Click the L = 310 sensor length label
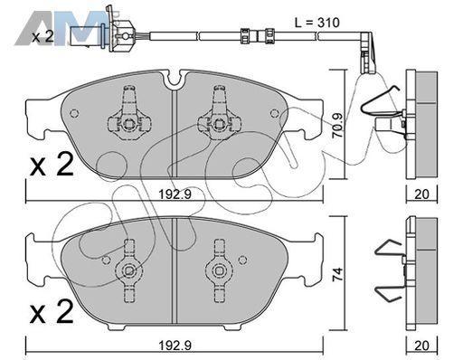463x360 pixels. pyautogui.click(x=317, y=23)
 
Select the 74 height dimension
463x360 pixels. pyautogui.click(x=338, y=275)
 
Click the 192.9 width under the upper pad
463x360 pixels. pyautogui.click(x=175, y=194)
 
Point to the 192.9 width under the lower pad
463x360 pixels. pyautogui.click(x=175, y=345)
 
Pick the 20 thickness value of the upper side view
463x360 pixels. pyautogui.click(x=421, y=194)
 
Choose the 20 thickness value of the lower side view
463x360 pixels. pyautogui.click(x=421, y=346)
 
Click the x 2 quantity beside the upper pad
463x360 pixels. pyautogui.click(x=52, y=165)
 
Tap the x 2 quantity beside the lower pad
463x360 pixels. pyautogui.click(x=52, y=312)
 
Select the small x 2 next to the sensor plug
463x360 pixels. pyautogui.click(x=43, y=37)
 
